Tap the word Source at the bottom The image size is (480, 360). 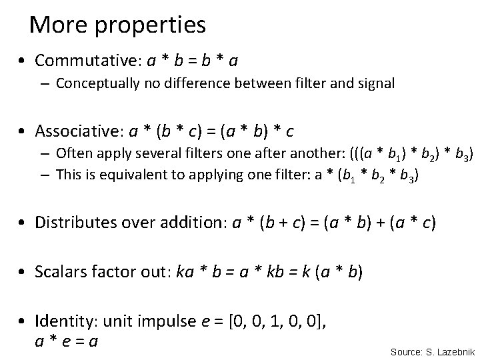[405, 351]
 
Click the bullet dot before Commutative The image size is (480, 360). [23, 61]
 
